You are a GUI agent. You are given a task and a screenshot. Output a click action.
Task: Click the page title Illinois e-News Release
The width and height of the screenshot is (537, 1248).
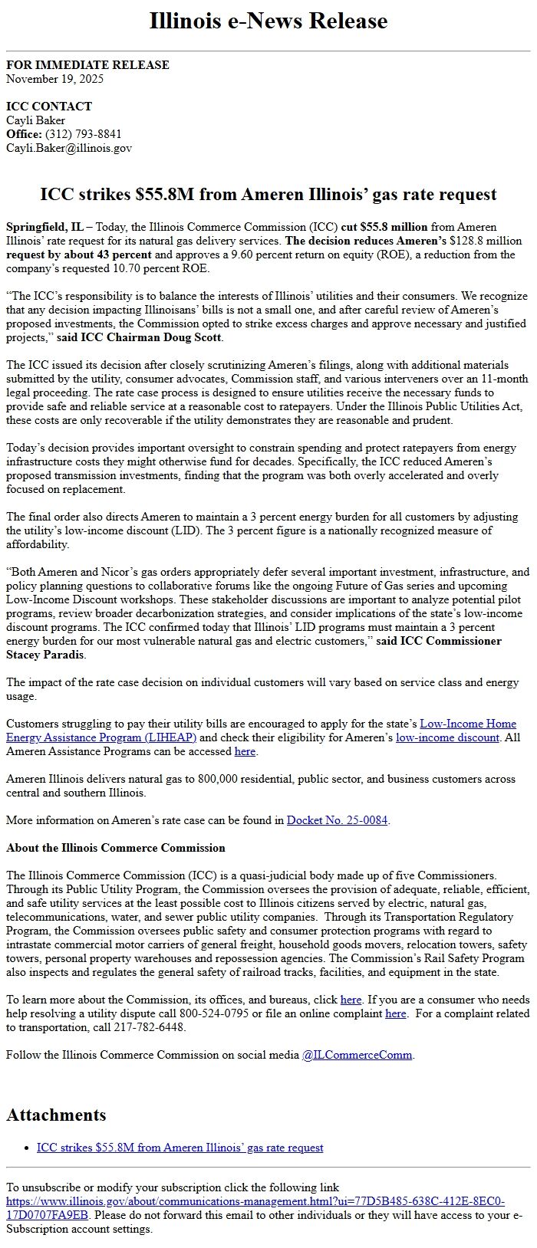pyautogui.click(x=268, y=21)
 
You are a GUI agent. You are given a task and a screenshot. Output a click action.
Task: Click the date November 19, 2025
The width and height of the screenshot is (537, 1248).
pyautogui.click(x=54, y=79)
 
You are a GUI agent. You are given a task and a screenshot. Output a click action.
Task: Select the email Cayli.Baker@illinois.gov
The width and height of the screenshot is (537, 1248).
pyautogui.click(x=69, y=148)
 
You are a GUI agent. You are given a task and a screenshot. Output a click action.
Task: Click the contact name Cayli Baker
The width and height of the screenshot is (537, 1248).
pyautogui.click(x=35, y=120)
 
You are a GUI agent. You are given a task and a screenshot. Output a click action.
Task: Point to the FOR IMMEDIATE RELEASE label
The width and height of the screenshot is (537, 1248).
pyautogui.click(x=87, y=65)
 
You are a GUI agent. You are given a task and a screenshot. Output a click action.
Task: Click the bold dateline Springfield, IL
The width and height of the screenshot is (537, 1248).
pyautogui.click(x=44, y=227)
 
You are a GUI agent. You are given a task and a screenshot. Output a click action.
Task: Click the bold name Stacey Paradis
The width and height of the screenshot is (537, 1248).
pyautogui.click(x=45, y=655)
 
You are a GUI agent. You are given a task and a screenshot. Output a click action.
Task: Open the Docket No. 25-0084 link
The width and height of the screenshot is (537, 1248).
pyautogui.click(x=337, y=820)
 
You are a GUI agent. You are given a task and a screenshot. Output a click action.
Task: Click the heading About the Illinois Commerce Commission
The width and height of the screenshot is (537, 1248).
pyautogui.click(x=116, y=848)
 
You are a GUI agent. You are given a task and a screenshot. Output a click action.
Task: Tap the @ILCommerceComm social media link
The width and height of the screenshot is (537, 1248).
pyautogui.click(x=357, y=1055)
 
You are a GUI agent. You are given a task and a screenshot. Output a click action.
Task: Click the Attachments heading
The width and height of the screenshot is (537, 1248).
pyautogui.click(x=56, y=1115)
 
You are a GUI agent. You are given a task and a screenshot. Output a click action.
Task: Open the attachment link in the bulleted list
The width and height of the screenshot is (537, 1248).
pyautogui.click(x=180, y=1148)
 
